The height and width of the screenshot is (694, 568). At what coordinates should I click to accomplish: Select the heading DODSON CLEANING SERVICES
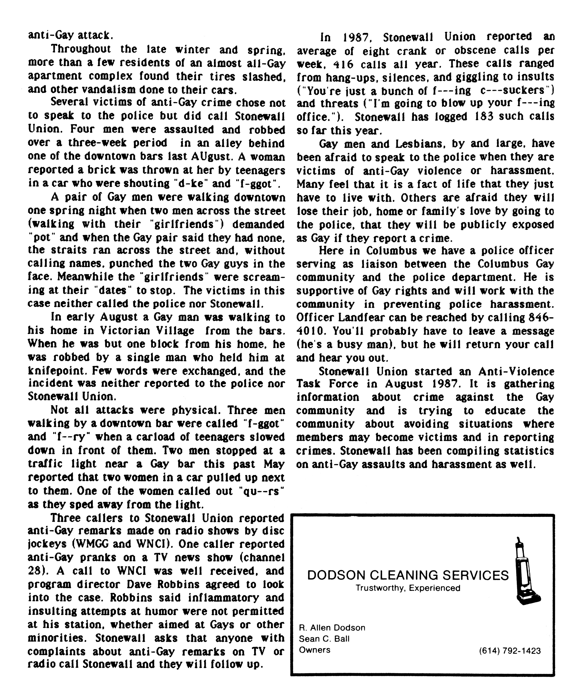click(408, 575)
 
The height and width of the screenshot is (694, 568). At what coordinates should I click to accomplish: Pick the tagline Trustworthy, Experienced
click(408, 588)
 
